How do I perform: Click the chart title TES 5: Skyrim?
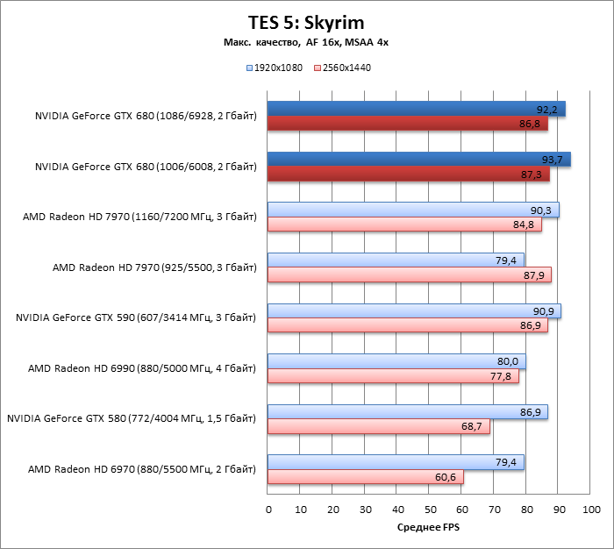pyautogui.click(x=306, y=24)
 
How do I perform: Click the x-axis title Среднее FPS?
pyautogui.click(x=429, y=527)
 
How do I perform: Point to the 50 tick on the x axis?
pyautogui.click(x=429, y=509)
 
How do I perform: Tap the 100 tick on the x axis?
pyautogui.click(x=590, y=509)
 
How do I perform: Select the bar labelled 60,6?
pyautogui.click(x=366, y=478)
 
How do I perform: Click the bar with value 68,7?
pyautogui.click(x=379, y=427)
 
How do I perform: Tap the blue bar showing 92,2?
pyautogui.click(x=417, y=109)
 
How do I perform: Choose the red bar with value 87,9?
pyautogui.click(x=410, y=274)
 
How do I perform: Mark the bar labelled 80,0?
pyautogui.click(x=396, y=361)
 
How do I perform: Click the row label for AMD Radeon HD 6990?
pyautogui.click(x=142, y=368)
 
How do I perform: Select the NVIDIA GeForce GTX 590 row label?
pyautogui.click(x=136, y=317)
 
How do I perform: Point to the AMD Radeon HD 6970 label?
pyautogui.click(x=142, y=470)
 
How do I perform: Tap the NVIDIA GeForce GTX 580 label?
pyautogui.click(x=132, y=419)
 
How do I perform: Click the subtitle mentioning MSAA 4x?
pyautogui.click(x=306, y=43)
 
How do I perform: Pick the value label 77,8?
pyautogui.click(x=503, y=376)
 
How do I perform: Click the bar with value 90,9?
pyautogui.click(x=414, y=310)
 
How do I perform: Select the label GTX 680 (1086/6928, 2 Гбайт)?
pyautogui.click(x=146, y=115)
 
